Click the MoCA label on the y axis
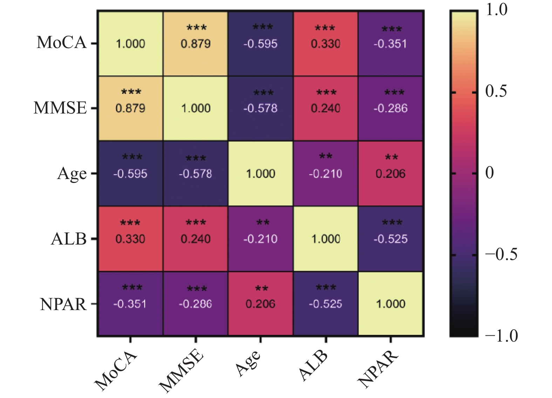(62, 43)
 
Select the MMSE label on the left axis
(60, 108)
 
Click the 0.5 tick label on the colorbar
(496, 91)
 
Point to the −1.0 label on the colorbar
(501, 335)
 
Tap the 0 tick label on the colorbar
(489, 173)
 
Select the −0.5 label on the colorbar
(501, 254)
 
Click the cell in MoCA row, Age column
(260, 43)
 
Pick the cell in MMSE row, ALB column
(326, 108)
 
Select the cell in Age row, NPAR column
(390, 173)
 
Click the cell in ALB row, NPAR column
(390, 239)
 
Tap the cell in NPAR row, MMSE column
(196, 303)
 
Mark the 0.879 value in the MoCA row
(196, 44)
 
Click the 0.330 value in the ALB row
(130, 239)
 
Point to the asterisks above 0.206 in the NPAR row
(261, 288)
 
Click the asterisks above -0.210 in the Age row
(326, 156)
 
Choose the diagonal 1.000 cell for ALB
(326, 239)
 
